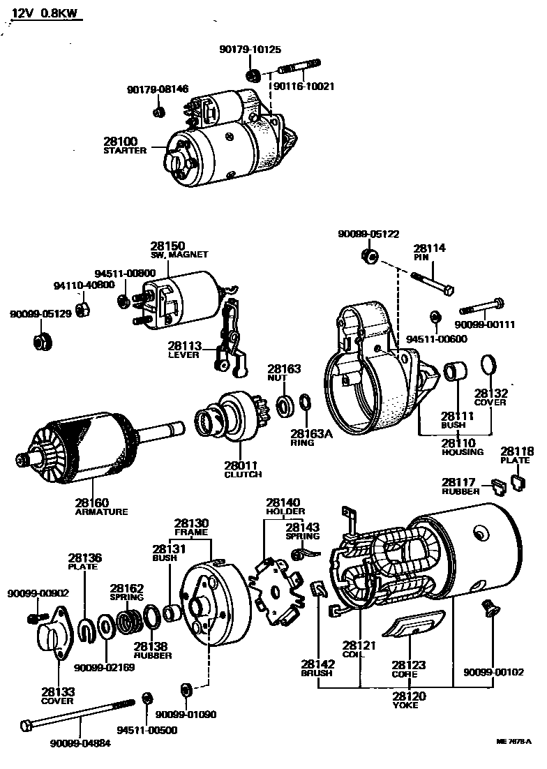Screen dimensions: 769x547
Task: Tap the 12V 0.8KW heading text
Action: pos(46,13)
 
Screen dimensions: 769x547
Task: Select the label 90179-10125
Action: pos(250,50)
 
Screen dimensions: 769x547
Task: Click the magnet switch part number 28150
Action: pos(167,246)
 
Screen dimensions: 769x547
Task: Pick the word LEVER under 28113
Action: pos(183,354)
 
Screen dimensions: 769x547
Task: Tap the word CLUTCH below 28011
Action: pos(243,475)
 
